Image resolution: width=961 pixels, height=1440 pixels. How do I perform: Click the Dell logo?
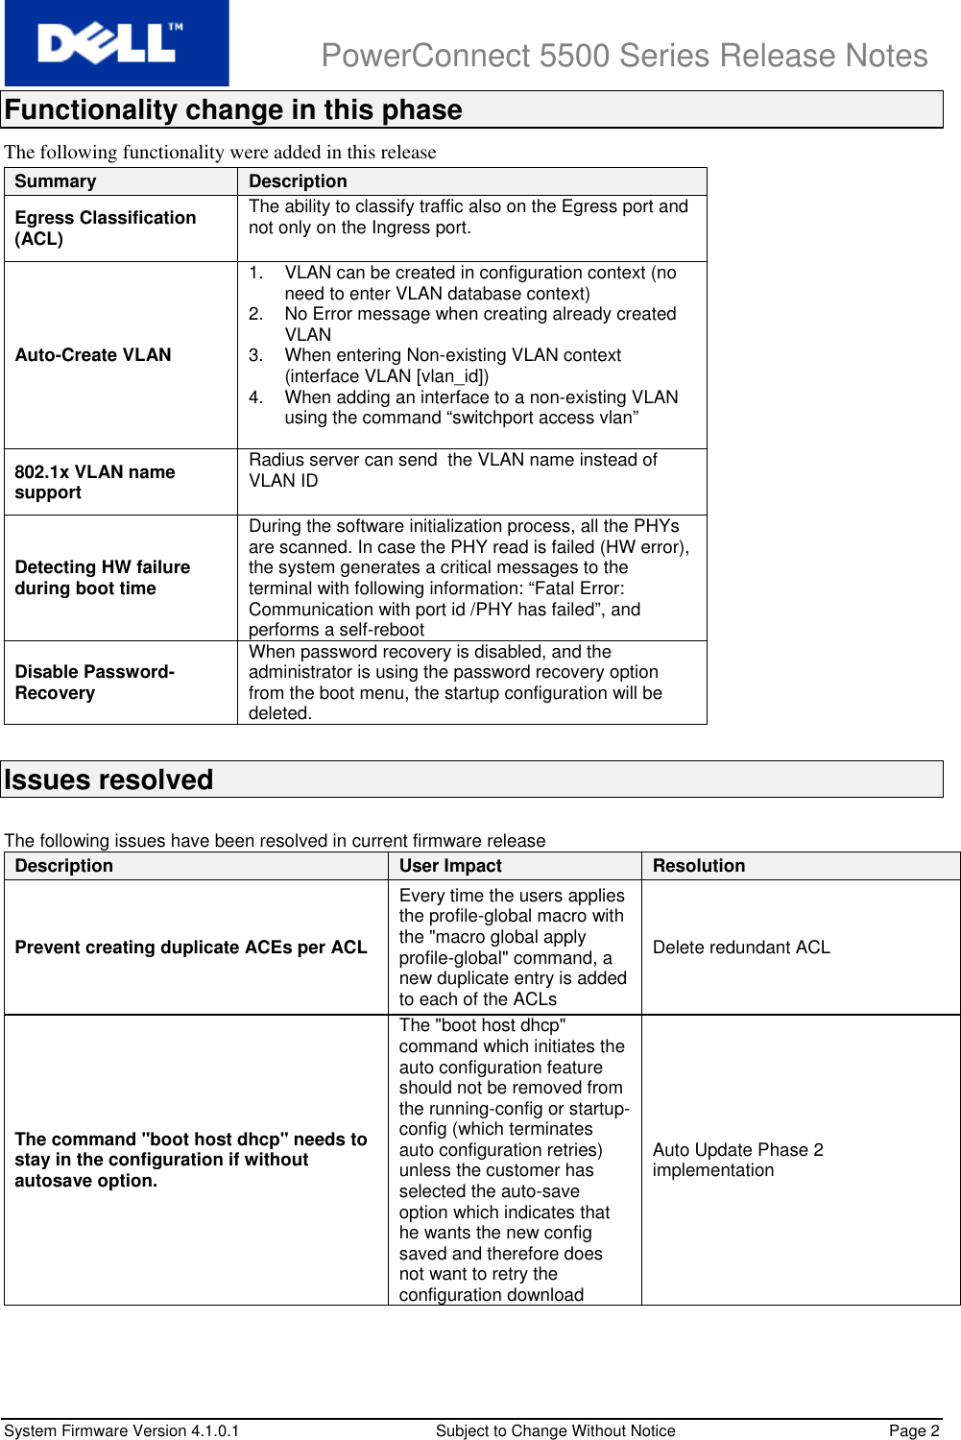click(x=116, y=43)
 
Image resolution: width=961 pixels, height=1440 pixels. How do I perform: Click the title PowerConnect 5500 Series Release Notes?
click(x=624, y=56)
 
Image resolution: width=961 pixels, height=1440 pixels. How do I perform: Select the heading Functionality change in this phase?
click(x=233, y=109)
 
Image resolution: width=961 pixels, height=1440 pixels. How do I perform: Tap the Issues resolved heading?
click(x=108, y=780)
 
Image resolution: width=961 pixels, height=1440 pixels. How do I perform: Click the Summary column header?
click(x=56, y=181)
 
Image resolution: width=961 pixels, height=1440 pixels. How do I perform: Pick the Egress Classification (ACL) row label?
click(x=105, y=228)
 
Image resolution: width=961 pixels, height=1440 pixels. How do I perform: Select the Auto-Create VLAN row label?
click(x=93, y=355)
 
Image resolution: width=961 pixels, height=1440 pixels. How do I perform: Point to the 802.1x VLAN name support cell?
click(x=95, y=482)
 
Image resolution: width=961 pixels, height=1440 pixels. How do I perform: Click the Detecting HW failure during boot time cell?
click(x=102, y=578)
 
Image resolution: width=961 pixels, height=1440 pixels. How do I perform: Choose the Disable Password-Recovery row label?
click(x=94, y=683)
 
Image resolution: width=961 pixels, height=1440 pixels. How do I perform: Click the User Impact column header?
click(x=450, y=866)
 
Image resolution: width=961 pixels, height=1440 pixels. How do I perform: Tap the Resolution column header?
click(x=699, y=866)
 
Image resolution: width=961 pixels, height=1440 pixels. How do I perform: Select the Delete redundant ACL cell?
click(x=741, y=948)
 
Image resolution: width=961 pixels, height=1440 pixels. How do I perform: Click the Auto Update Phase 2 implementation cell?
click(x=737, y=1160)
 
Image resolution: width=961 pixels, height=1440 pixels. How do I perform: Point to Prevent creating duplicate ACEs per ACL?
click(x=191, y=948)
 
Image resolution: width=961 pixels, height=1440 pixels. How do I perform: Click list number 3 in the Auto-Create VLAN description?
click(x=255, y=355)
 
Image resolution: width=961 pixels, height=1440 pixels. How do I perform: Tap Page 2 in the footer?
click(x=914, y=1430)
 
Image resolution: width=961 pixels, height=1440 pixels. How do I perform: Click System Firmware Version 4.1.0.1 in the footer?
click(x=122, y=1430)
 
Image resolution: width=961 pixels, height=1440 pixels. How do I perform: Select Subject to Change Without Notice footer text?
click(x=555, y=1430)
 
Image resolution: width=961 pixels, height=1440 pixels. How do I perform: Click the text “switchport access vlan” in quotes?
click(x=541, y=418)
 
